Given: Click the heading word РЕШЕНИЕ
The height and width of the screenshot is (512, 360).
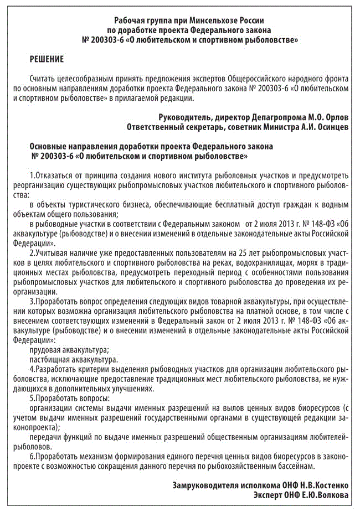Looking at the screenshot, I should [47, 59].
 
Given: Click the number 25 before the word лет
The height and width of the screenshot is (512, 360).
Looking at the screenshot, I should [240, 253].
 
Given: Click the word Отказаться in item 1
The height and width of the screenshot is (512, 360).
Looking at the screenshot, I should [54, 175].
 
